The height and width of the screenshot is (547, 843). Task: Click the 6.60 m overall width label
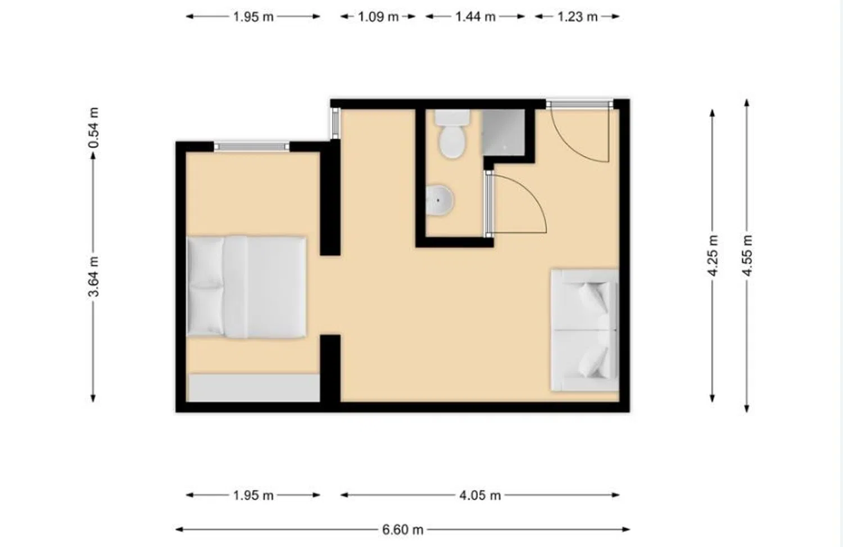tap(403, 530)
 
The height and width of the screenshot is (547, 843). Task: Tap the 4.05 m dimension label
tap(480, 495)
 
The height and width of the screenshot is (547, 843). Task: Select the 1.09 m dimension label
tap(378, 17)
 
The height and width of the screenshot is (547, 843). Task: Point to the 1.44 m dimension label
tap(475, 17)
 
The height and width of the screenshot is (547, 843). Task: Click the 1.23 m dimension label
tap(577, 17)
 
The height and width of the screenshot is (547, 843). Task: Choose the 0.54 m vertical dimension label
tap(94, 128)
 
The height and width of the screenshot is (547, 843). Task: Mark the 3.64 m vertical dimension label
tap(94, 277)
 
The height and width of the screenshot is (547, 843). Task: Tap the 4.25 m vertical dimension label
tap(713, 255)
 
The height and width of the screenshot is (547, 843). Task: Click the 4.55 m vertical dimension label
tap(747, 255)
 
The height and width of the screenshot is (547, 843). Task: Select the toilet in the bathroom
tap(453, 134)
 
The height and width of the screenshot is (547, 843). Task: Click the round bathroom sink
tap(439, 200)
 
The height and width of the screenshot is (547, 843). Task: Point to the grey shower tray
tap(504, 132)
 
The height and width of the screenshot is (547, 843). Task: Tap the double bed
tap(246, 287)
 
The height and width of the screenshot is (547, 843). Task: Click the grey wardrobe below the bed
tap(254, 388)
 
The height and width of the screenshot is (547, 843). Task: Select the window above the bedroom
tap(252, 147)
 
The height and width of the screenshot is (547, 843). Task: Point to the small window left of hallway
tap(336, 124)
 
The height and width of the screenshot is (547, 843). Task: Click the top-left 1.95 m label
tap(253, 17)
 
